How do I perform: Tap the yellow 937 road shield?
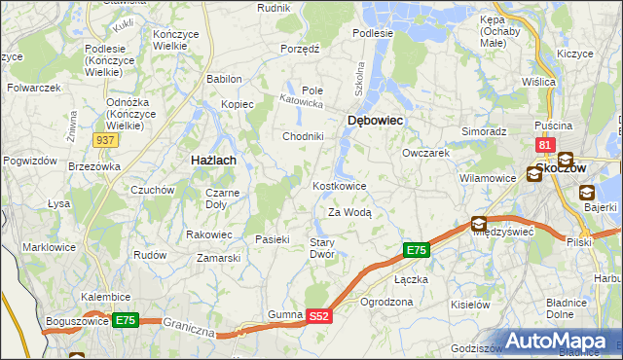(x=107, y=140)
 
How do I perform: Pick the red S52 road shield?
(x=320, y=316)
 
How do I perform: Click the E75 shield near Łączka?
(x=416, y=251)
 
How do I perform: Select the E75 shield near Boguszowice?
(x=125, y=319)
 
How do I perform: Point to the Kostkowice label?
(x=340, y=186)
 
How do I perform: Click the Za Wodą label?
(x=349, y=212)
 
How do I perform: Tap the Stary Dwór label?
(x=322, y=248)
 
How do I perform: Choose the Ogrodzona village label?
(x=386, y=302)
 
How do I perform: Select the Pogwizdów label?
(x=27, y=160)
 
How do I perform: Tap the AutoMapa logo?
(x=556, y=341)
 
